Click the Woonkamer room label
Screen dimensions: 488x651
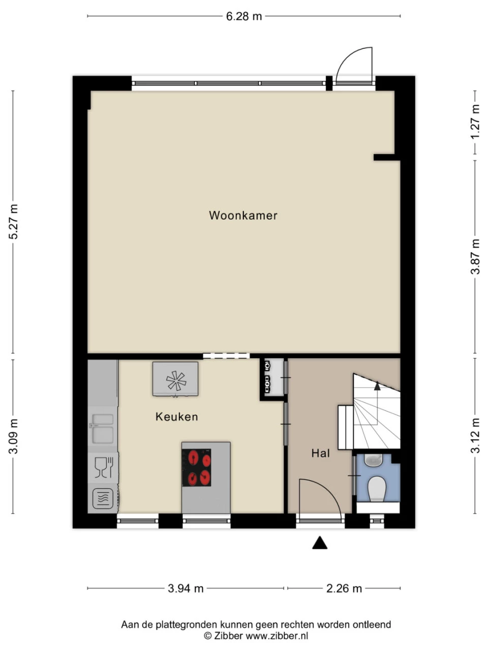[243, 216]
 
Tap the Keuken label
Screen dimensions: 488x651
[176, 417]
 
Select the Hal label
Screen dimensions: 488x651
[321, 453]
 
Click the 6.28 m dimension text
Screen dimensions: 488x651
[244, 16]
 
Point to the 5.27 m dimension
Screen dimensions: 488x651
[14, 221]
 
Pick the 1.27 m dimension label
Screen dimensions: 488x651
[475, 122]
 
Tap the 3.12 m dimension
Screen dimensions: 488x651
[475, 435]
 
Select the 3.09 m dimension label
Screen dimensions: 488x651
[14, 436]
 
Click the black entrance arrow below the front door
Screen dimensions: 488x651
[320, 543]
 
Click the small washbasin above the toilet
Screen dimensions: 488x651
[374, 460]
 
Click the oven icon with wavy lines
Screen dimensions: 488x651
[103, 498]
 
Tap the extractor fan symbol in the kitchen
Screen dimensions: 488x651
[176, 380]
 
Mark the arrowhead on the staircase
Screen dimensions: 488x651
[377, 386]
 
